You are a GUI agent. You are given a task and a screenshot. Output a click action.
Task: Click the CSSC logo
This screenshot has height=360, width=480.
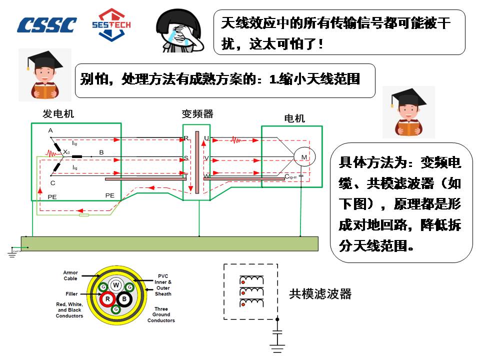tap(47, 25)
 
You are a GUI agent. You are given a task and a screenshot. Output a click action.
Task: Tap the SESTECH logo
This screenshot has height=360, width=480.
tap(111, 24)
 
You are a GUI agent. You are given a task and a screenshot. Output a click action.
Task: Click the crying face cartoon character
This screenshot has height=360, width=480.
tap(179, 31)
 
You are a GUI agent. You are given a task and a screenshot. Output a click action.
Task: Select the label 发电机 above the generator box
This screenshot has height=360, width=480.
tap(58, 114)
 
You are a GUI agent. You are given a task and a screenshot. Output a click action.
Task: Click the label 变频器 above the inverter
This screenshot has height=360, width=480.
tap(197, 114)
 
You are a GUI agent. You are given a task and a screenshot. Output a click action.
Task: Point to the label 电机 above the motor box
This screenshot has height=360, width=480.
tap(294, 118)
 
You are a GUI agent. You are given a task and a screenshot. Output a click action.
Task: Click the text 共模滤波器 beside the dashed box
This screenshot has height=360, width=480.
tap(320, 294)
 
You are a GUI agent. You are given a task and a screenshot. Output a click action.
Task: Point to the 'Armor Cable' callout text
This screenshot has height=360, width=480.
tap(70, 275)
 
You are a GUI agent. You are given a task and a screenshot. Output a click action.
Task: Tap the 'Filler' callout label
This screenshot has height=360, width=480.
tap(71, 294)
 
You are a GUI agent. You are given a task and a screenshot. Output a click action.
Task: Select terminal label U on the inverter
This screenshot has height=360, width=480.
tap(206, 138)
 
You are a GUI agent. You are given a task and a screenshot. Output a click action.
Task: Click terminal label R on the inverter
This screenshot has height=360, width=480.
tap(186, 138)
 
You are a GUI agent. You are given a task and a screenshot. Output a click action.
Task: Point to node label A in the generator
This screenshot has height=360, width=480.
tap(50, 131)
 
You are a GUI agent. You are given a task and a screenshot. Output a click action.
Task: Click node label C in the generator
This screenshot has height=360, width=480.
tap(53, 183)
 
